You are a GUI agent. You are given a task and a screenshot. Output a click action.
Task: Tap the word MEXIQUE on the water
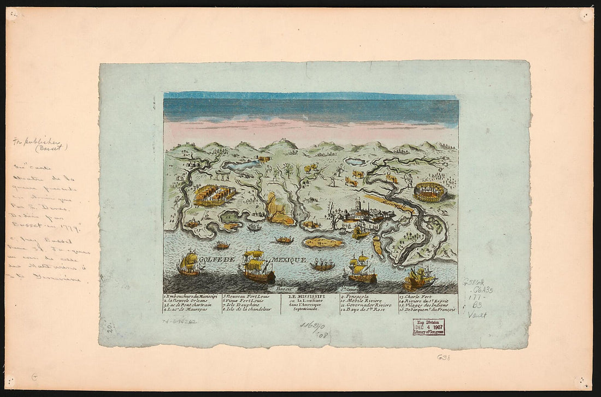289,260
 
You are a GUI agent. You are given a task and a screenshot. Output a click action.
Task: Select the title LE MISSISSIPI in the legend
310,296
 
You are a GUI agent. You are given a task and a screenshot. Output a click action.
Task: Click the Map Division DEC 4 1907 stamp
428,327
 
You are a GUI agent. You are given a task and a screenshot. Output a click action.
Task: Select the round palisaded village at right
429,192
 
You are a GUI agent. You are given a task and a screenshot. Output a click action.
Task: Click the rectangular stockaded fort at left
214,194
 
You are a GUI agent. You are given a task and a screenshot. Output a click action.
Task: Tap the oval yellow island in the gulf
324,242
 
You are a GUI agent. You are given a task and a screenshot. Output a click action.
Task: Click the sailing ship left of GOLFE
189,263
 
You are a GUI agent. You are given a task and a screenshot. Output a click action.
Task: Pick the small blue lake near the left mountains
240,164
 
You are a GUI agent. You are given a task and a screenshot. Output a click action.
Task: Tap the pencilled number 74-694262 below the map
179,322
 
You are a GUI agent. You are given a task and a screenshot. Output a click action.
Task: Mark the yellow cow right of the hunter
357,174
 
